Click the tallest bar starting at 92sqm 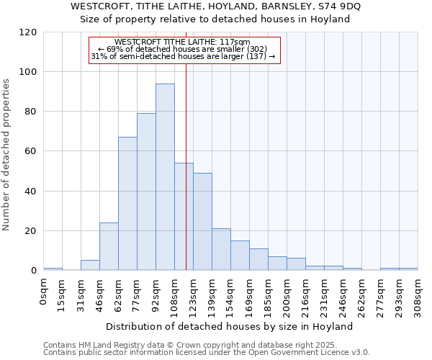[x=165, y=177]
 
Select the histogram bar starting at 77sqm [x=146, y=192]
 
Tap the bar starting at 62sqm [x=127, y=204]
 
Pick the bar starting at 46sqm [x=109, y=246]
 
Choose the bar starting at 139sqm [x=221, y=249]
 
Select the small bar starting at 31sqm [x=90, y=265]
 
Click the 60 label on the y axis [x=31, y=152]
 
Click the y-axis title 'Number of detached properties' [x=6, y=155]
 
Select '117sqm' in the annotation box [x=233, y=42]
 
